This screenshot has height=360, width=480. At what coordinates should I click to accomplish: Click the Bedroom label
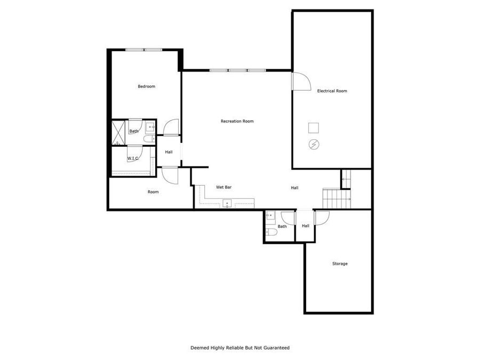[x=146, y=86]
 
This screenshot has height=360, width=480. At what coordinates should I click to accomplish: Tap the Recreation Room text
[x=237, y=122]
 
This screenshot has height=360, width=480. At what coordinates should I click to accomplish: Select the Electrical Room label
[x=332, y=91]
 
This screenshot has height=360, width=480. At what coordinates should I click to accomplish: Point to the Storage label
[x=340, y=263]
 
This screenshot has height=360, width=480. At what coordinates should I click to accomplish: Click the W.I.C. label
[x=133, y=158]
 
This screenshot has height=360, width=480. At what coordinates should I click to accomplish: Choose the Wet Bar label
[x=223, y=187]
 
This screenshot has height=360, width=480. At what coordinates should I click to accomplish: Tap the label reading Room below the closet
[x=153, y=192]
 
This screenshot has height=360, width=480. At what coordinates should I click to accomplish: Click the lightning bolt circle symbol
[x=314, y=144]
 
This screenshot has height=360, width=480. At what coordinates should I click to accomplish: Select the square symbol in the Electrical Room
[x=314, y=127]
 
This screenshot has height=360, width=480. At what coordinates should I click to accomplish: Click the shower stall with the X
[x=117, y=133]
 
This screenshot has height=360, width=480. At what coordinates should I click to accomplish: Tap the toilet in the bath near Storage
[x=270, y=233]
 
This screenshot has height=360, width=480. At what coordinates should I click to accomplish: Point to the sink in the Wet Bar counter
[x=227, y=203]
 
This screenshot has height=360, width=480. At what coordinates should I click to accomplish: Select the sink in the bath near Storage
[x=270, y=216]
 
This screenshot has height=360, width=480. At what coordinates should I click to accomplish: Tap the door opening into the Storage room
[x=322, y=218]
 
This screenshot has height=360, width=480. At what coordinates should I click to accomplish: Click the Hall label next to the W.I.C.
[x=169, y=152]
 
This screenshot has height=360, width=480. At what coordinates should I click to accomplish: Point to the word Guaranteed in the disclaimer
[x=275, y=348]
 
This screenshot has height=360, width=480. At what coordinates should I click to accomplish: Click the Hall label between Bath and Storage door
[x=306, y=226]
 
